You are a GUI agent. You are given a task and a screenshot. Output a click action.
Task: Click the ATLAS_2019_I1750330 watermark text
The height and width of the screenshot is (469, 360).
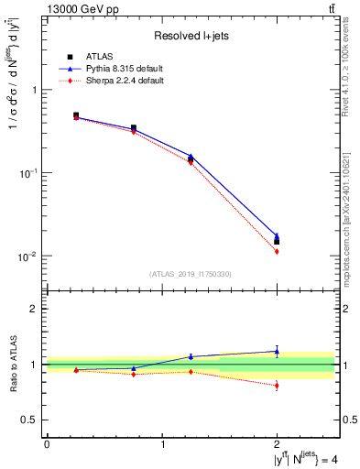pos(191,274)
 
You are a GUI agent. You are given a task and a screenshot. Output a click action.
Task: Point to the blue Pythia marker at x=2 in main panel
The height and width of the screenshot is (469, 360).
pos(277,236)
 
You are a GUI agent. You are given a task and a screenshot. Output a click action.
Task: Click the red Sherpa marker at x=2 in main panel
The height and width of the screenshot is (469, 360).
pos(277,251)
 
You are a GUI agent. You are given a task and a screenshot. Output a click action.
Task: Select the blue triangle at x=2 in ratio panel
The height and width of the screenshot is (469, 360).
pos(277,351)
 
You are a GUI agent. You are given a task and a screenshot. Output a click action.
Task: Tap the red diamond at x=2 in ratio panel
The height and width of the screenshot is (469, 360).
pos(277,385)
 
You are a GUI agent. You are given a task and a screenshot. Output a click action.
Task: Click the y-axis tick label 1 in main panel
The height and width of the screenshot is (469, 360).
pos(35,90)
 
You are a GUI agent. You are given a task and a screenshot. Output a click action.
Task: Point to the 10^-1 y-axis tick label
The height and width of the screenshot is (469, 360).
pos(29,172)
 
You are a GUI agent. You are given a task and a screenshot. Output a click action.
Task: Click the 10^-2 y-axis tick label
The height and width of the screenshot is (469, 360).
pos(29,256)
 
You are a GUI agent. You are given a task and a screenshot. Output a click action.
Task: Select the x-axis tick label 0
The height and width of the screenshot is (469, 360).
pos(47,444)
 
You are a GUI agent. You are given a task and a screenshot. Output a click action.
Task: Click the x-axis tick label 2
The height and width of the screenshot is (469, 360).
pos(277,444)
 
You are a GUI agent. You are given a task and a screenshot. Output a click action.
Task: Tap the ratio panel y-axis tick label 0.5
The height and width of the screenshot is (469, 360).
pos(30,420)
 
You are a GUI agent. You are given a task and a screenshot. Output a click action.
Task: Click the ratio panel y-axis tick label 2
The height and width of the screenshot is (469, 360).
pos(35,310)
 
